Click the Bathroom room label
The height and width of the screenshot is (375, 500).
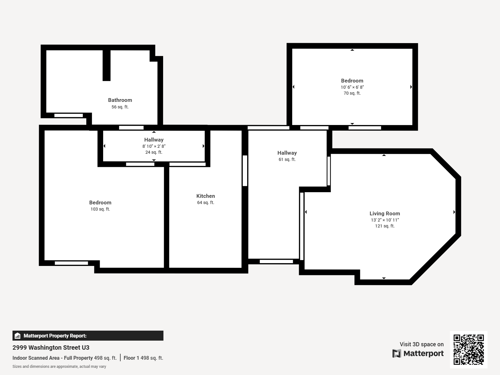pos(120,100)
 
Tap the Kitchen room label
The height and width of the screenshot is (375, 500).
pos(206,196)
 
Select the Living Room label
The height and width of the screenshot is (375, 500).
pos(385,213)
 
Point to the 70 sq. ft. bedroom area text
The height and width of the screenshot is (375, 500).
pos(352,93)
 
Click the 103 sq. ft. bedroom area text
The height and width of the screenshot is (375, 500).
pos(100,209)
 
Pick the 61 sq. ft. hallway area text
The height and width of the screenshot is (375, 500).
pos(287,159)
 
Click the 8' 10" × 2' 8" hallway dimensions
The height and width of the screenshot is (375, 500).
pos(154,146)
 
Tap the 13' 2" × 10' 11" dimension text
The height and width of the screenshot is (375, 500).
pos(385,220)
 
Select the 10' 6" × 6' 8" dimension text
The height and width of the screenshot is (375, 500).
pos(352,87)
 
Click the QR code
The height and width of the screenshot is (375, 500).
pos(468,349)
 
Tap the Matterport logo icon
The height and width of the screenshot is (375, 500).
pos(397,353)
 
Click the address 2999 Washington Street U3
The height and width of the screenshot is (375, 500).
pos(51,348)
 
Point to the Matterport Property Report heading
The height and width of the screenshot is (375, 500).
pos(55,336)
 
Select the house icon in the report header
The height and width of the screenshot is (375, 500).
pos(17,336)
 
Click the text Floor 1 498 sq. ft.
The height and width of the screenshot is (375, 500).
pos(143,358)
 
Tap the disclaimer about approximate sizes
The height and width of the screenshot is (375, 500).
pos(59,367)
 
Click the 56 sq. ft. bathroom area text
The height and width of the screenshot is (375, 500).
pos(120,107)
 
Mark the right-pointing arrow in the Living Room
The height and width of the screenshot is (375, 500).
pos(454,212)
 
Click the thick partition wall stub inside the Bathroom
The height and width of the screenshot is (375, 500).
pos(106,65)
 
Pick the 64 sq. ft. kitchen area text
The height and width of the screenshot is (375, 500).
pos(206,202)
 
